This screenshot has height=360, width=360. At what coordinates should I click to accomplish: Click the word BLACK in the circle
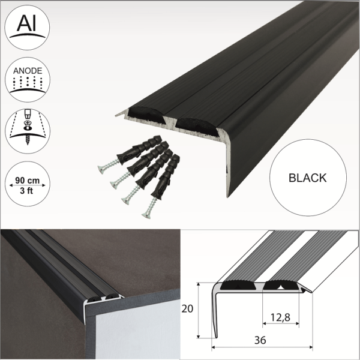(x=307, y=178)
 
